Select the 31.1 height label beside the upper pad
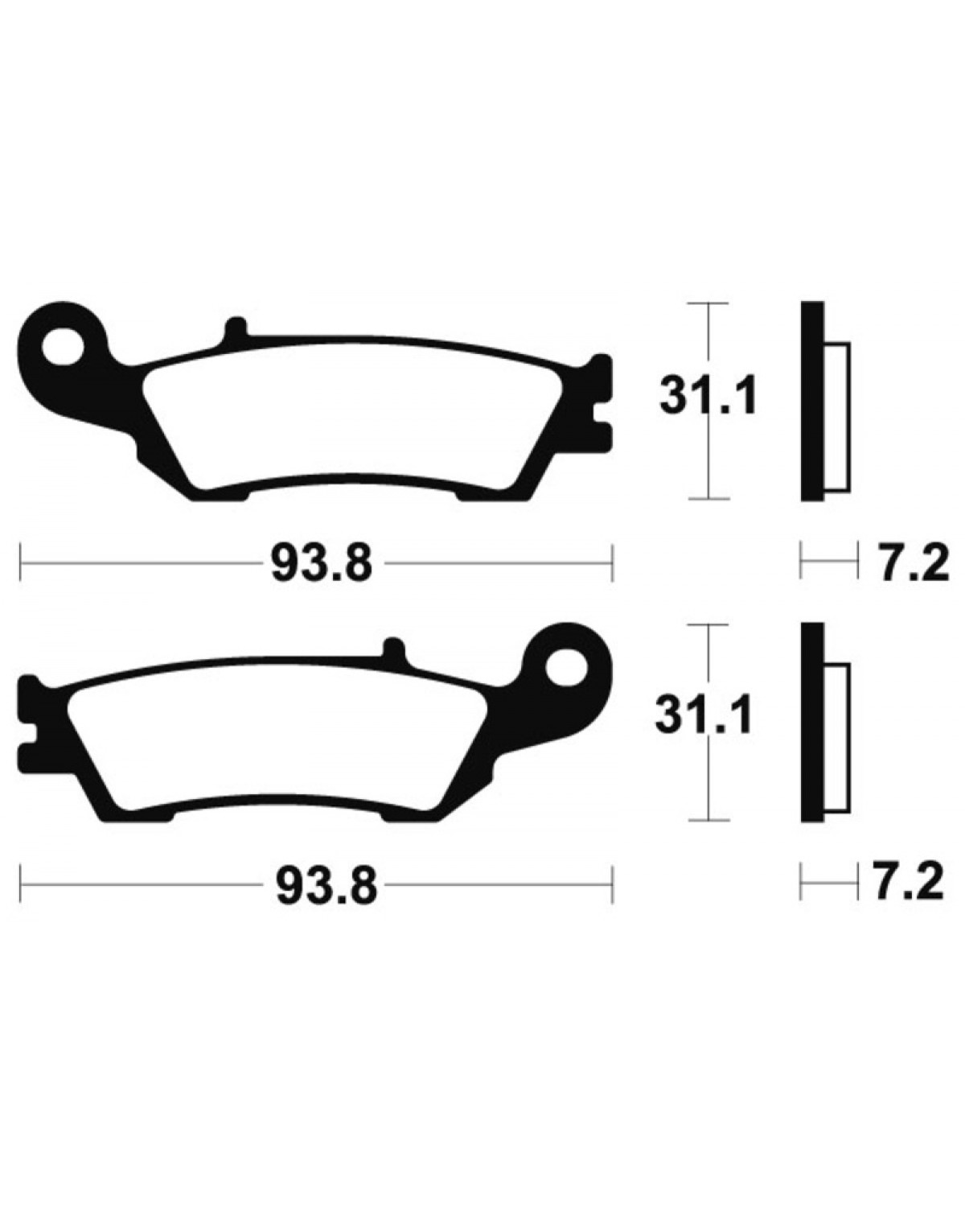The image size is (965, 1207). [x=708, y=396]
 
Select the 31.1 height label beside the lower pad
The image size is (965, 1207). [x=703, y=716]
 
